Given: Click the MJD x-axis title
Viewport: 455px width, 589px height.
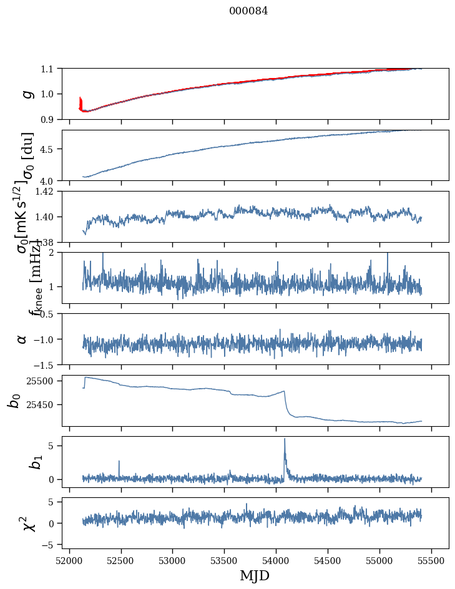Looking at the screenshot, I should [x=255, y=575].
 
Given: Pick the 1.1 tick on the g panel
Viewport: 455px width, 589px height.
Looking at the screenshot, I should [x=47, y=68].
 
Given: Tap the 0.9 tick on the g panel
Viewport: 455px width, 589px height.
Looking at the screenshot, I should [x=47, y=119].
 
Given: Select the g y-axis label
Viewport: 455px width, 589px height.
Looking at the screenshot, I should [x=26, y=94].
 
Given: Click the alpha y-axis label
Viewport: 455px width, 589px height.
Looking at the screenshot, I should [x=22, y=339].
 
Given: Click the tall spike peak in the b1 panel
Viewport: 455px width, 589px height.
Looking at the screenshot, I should [x=285, y=439].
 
